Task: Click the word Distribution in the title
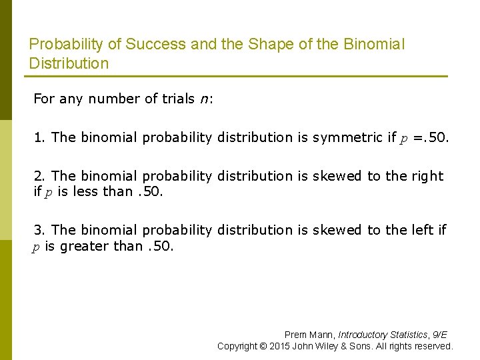coord(69,64)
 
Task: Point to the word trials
coord(179,99)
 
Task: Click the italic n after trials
coord(203,99)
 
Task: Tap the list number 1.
coord(39,137)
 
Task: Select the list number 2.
coord(39,176)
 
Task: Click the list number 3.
coord(39,230)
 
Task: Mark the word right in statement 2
coord(427,176)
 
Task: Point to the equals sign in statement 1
coord(418,138)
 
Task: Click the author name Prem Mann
coord(309,335)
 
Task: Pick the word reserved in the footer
coord(432,346)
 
